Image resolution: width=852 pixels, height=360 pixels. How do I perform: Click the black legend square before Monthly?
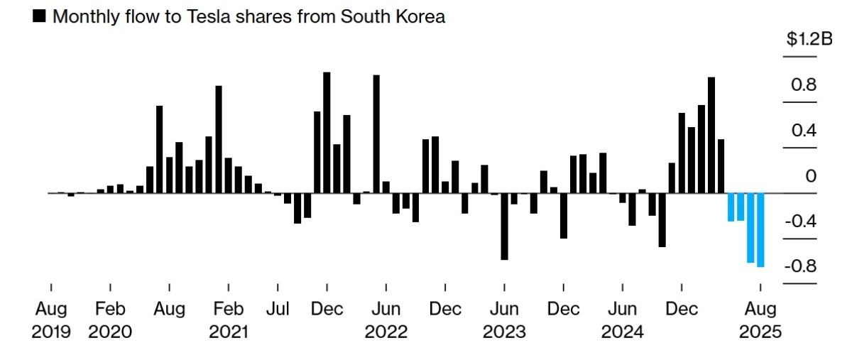point(40,17)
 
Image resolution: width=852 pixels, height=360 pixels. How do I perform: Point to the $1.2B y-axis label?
point(809,40)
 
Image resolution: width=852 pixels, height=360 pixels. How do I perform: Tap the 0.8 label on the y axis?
point(805,86)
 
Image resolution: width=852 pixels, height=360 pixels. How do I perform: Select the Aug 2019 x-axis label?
point(51,320)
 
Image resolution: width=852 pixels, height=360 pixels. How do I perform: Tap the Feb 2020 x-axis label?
point(110,320)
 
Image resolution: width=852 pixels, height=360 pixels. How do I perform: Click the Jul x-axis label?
point(278,310)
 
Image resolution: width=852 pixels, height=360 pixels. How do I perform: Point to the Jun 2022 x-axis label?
point(386,320)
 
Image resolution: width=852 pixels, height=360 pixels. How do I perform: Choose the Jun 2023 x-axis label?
point(504,320)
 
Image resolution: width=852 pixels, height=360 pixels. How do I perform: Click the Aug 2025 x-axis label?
point(760,320)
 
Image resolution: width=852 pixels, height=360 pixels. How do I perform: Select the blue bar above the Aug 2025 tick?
point(760,229)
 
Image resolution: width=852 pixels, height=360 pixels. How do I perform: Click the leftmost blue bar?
point(731,207)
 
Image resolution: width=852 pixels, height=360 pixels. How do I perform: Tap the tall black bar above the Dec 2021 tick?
point(327,132)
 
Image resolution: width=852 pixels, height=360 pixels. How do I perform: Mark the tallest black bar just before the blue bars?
point(711,135)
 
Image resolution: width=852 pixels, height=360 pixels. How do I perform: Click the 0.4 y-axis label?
point(805,131)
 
